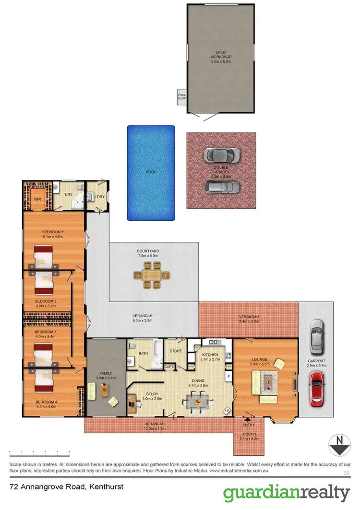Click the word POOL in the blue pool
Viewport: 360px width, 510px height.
click(x=151, y=172)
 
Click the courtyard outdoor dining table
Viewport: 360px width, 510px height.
click(x=151, y=277)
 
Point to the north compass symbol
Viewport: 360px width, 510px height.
click(x=339, y=445)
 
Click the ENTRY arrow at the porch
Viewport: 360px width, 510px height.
click(x=248, y=419)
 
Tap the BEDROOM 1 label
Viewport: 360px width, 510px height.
click(x=53, y=232)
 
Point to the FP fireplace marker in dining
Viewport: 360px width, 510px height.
click(x=227, y=411)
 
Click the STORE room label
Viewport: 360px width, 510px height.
click(x=176, y=351)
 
